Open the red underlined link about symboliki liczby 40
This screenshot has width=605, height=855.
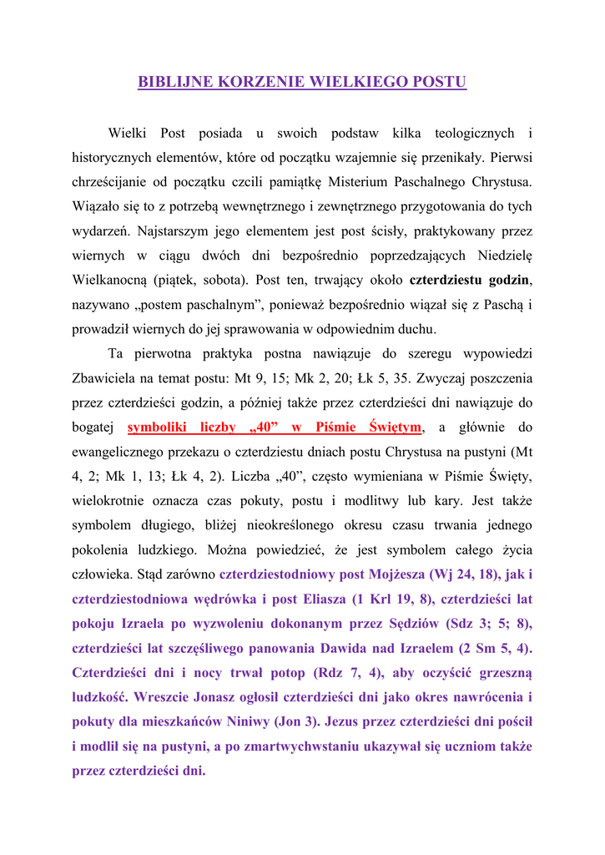point(275,427)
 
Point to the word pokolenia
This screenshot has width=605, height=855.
point(99,550)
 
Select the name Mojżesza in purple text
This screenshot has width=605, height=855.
point(396,574)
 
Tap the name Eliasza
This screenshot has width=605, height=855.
point(315,600)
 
